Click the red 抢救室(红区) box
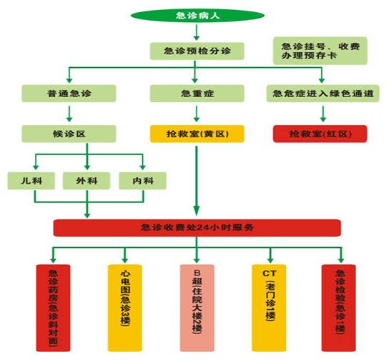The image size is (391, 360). (320, 134)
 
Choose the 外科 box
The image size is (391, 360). (86, 181)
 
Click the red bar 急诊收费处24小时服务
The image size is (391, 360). (195, 228)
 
